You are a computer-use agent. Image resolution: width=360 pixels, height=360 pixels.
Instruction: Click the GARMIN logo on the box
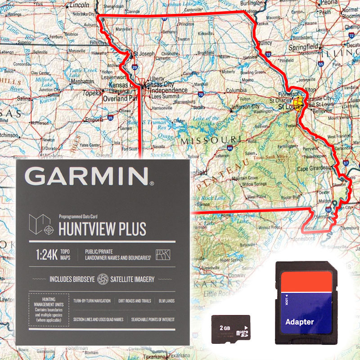pos(89,176)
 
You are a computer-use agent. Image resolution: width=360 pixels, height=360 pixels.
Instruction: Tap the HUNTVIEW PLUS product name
pos(103,229)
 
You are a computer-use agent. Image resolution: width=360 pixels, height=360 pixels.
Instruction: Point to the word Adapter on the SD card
pos(299,322)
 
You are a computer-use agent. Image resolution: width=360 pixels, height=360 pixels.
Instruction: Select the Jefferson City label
pos(245,107)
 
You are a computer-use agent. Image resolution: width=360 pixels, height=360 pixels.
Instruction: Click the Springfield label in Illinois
pos(304,46)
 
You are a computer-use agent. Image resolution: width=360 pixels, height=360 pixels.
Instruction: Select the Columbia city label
pos(236,90)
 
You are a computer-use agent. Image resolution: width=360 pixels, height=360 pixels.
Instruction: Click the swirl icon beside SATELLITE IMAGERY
pos(103,279)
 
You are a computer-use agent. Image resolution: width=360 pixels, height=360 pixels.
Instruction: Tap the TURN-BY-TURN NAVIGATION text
pos(92,301)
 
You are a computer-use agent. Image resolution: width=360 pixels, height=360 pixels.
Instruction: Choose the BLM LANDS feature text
pos(166,301)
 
